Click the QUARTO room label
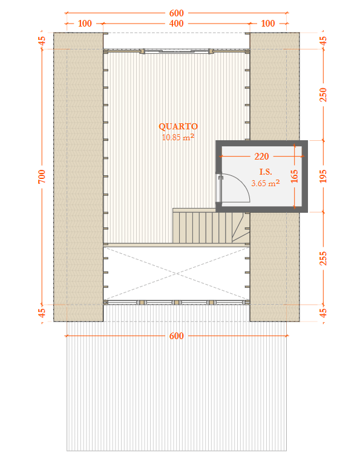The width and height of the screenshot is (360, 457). point(178,126)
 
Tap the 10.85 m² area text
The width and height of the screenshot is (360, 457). point(178,137)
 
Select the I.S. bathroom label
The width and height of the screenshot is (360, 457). point(266,172)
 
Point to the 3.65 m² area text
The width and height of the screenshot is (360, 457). point(266,183)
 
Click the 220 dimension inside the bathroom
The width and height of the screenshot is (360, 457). point(261,156)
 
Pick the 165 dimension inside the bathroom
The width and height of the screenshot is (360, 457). point(294,176)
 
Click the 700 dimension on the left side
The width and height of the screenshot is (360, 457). point(42,176)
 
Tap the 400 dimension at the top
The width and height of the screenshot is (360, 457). point(177,23)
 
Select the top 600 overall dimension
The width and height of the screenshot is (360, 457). point(177,13)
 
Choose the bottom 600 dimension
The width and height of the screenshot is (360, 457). point(177,336)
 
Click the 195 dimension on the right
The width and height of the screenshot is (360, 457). point(323,176)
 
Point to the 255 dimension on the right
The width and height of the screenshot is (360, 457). point(323,258)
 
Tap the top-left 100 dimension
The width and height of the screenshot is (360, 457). point(85,23)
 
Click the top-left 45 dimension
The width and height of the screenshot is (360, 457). point(42,41)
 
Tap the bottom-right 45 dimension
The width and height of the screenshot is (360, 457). point(323,313)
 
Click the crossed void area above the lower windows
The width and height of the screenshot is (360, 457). point(176,273)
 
